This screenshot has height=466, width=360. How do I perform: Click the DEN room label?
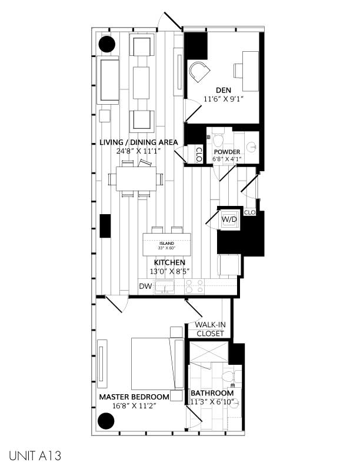(223, 90)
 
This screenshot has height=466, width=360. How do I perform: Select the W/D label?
(229, 219)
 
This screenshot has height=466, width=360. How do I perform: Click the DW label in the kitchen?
(146, 287)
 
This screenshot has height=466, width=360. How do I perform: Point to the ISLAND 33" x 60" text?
(168, 245)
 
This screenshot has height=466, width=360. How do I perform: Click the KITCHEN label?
(169, 262)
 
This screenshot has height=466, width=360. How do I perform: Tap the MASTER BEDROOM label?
(134, 397)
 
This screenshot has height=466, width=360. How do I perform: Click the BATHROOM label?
(212, 393)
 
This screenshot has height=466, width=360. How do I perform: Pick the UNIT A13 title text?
(35, 455)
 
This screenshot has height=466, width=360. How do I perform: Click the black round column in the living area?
(106, 44)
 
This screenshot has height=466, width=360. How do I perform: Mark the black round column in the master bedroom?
(105, 421)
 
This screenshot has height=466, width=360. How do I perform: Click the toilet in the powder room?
(218, 141)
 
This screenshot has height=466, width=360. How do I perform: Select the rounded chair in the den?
(199, 74)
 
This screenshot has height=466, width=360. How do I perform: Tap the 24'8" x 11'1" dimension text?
(139, 151)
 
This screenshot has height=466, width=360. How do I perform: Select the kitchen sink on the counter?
(167, 287)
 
